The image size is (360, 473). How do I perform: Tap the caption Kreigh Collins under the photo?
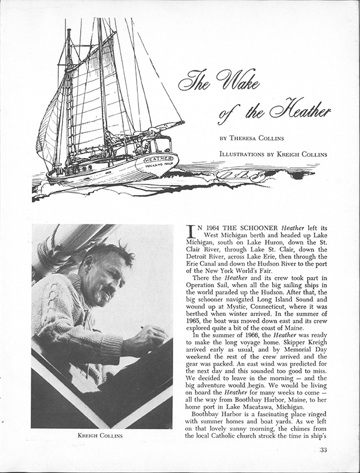(x=102, y=436)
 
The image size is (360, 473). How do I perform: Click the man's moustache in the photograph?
(x=110, y=292)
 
